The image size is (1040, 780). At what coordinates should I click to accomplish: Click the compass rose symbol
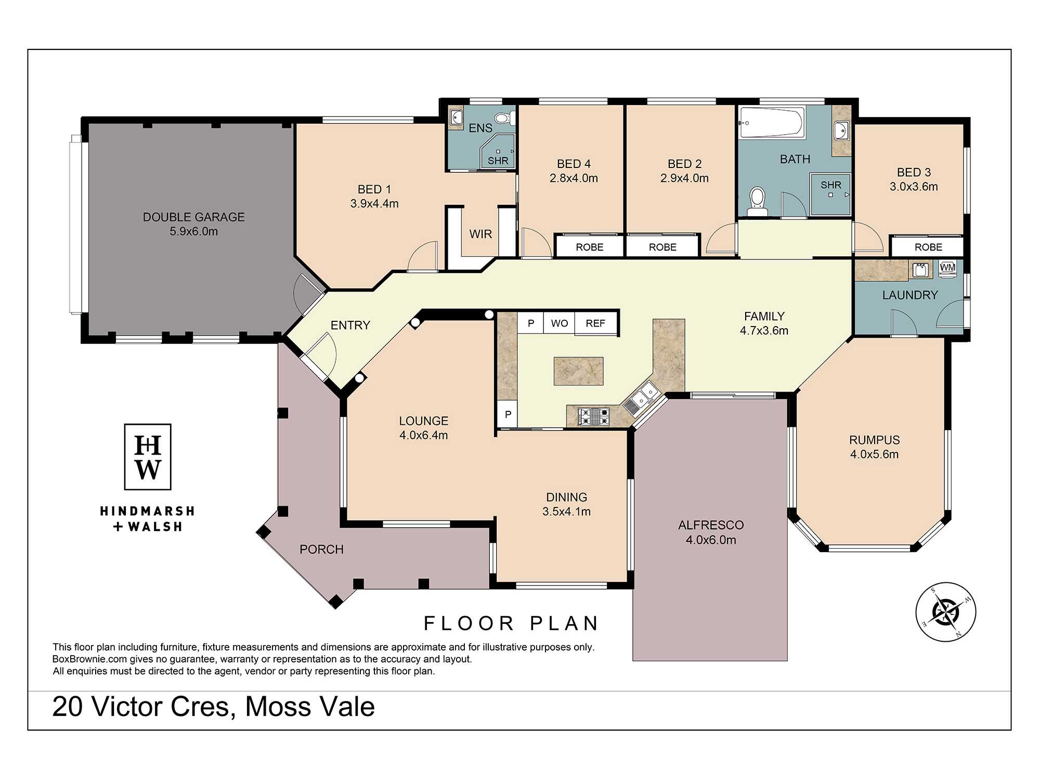coord(945,612)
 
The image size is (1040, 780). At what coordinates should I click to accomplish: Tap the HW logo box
coord(148,457)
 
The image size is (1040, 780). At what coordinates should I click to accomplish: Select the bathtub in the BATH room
coord(772,123)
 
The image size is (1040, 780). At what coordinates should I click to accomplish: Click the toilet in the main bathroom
coord(757,202)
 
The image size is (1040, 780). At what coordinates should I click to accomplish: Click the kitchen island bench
coord(578,371)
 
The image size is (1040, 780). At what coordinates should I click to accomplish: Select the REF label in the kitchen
coord(595,323)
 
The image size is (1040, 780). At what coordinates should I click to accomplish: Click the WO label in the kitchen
coord(560,323)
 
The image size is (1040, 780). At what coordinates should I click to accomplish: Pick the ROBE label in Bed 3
coord(928,247)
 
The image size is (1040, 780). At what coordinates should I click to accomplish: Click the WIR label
coord(480,234)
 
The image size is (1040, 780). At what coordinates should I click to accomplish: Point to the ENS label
coord(480,128)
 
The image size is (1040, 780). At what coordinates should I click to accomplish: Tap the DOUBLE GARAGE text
coord(193,217)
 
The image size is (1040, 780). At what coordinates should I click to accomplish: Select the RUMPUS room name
coord(874,440)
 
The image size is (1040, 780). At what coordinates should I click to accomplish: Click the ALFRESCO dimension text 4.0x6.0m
coord(711,540)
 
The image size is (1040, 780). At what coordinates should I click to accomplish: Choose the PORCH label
coord(321,549)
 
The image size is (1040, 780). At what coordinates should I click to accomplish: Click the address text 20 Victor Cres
coord(141,707)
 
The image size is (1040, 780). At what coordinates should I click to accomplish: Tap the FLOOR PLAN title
coord(511,623)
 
